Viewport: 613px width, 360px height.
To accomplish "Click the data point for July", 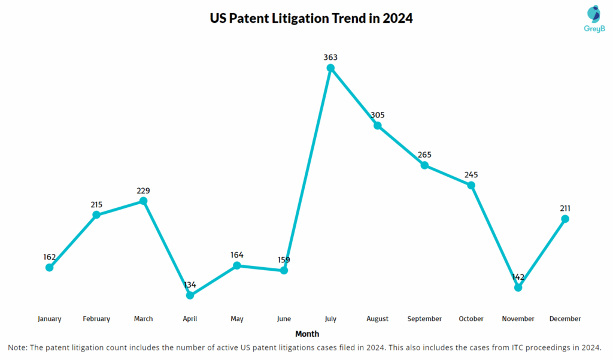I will point(330,68).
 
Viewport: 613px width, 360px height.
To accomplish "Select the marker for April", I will point(190,295).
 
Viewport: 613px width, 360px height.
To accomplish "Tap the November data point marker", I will point(518,288).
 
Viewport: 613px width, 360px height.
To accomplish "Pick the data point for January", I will point(50,267).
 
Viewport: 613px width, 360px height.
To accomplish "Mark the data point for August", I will point(378,125).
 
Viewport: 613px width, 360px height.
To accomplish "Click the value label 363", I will point(330,58).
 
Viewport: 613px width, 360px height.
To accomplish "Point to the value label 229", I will point(143,190).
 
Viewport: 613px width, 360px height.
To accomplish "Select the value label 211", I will point(565,208).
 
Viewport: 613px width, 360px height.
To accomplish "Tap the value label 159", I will point(284,260).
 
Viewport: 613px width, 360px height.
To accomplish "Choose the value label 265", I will point(424,155).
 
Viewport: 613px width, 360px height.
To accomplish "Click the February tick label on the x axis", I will point(96,319).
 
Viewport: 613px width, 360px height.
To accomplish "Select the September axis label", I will point(424,319).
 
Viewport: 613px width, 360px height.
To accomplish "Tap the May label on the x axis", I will point(237,319).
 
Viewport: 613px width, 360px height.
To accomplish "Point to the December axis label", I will point(565,319).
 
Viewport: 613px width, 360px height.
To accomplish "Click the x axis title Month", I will point(307,334).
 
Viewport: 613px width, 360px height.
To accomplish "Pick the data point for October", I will point(471,185).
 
